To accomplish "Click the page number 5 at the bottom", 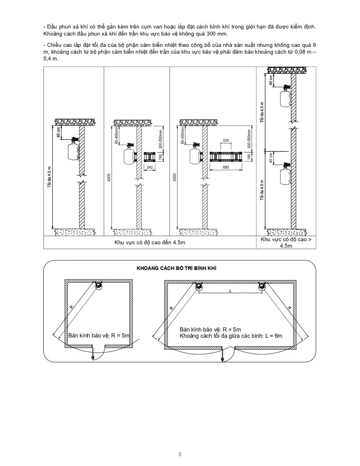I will [180, 454].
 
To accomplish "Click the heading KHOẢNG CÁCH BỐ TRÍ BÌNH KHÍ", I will [177, 268].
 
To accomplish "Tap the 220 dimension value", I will [226, 141].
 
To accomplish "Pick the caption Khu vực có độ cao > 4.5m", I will [286, 242].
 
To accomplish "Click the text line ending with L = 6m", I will [231, 336].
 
